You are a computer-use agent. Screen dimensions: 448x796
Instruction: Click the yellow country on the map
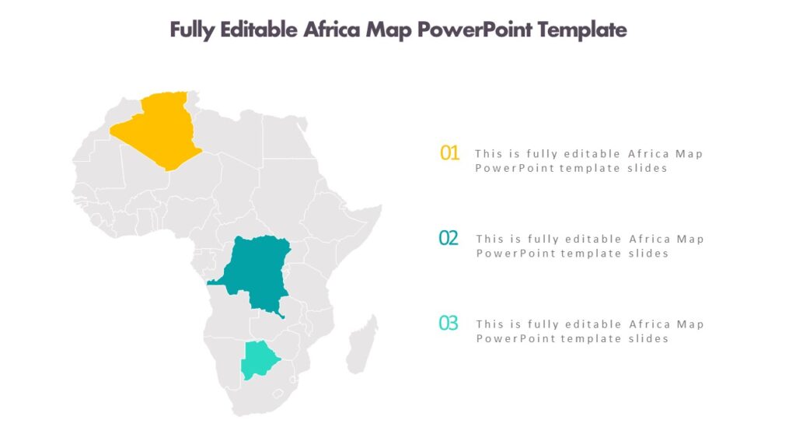pos(159,128)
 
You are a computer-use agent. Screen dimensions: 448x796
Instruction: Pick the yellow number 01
pos(450,153)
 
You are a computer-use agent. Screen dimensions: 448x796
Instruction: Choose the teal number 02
pos(449,239)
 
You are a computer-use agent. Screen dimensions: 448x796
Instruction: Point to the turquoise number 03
pos(449,324)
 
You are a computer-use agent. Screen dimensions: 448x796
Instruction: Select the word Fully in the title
pos(193,30)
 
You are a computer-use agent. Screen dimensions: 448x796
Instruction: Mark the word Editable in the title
pos(259,30)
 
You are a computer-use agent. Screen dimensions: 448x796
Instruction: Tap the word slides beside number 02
pos(648,254)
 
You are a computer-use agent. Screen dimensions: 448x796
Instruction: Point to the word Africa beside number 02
pos(649,239)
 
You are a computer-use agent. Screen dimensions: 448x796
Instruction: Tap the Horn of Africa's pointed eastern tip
pos(381,206)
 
